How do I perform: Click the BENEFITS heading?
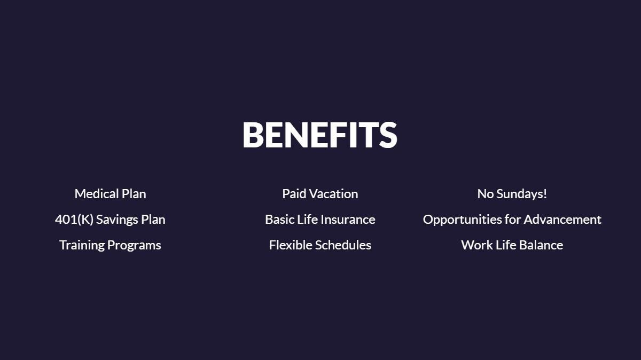(x=320, y=135)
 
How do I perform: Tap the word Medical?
(x=97, y=194)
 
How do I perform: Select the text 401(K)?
(x=74, y=220)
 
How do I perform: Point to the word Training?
(x=82, y=246)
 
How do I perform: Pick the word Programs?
(x=134, y=246)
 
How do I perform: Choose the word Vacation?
(x=334, y=194)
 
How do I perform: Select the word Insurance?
(x=348, y=220)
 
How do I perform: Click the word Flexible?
(x=291, y=245)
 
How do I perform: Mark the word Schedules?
(x=343, y=245)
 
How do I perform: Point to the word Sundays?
(x=519, y=194)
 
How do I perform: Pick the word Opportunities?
(x=462, y=220)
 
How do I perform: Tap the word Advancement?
(x=562, y=220)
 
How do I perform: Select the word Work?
(x=476, y=245)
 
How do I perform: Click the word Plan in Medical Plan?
(x=134, y=194)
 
